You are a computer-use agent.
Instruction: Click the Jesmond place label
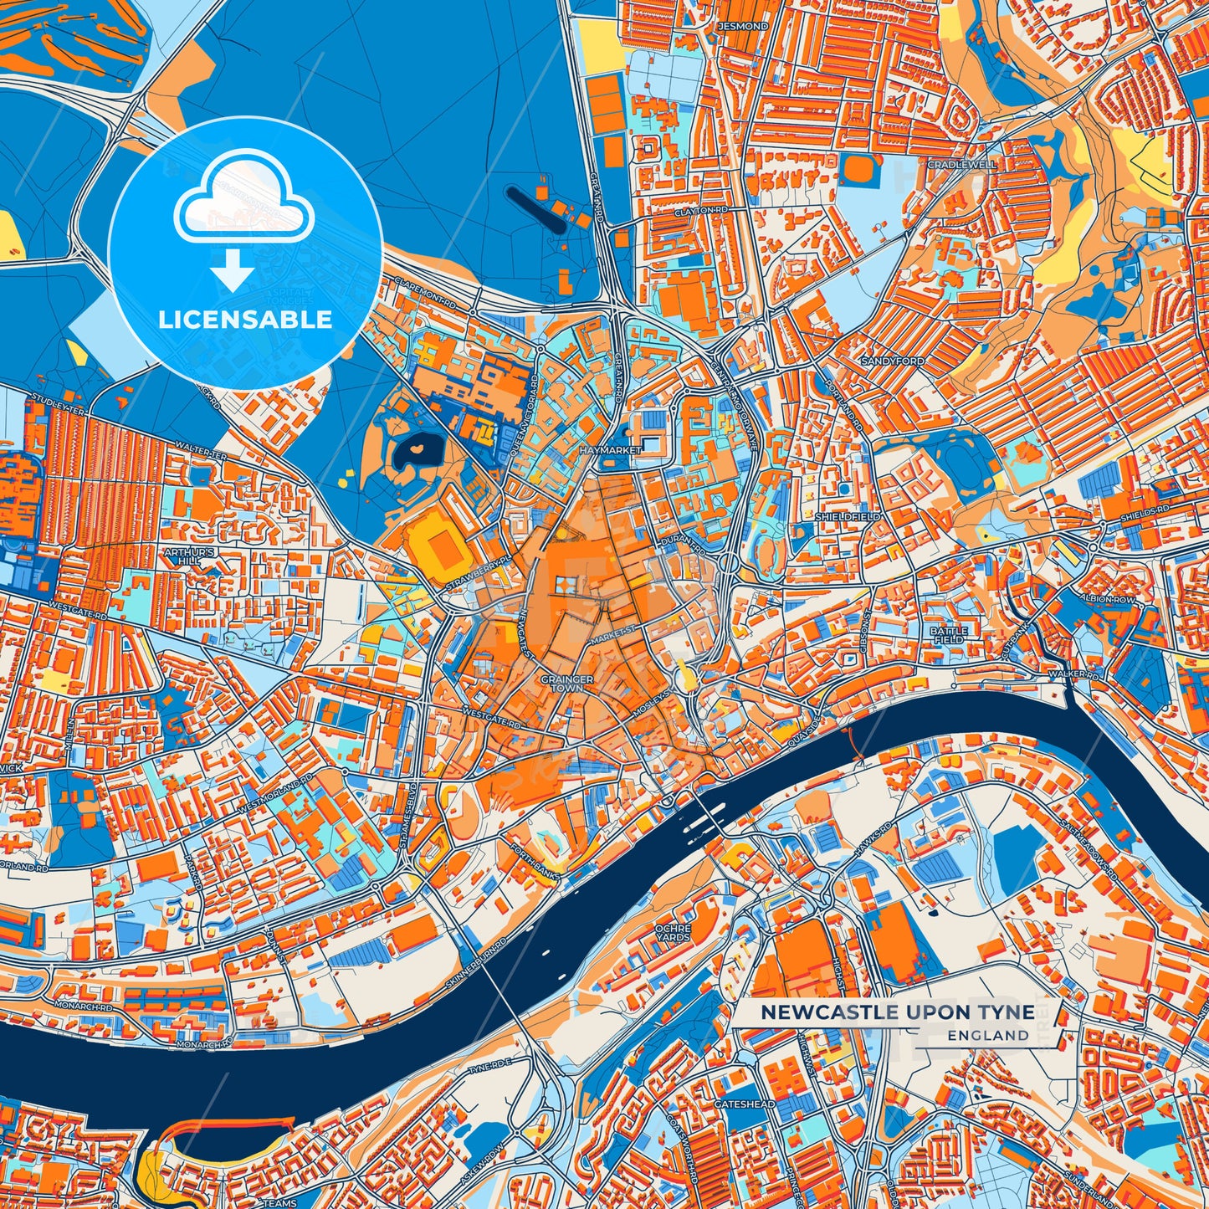coord(742,27)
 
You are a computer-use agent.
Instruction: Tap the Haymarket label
coord(610,450)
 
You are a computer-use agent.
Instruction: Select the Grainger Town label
coord(567,683)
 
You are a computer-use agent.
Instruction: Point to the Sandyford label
coord(894,361)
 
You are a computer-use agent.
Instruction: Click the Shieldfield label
coord(848,517)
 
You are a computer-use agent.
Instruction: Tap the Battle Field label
coord(949,635)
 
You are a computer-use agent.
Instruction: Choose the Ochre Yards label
coord(674,933)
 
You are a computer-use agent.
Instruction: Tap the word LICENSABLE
coord(245,320)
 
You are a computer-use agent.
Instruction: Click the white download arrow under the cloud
coord(233,273)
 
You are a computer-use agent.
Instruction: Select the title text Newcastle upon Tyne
coord(897,1012)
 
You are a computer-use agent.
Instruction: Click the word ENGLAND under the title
coord(988,1035)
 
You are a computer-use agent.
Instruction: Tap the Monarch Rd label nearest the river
coord(203,1045)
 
